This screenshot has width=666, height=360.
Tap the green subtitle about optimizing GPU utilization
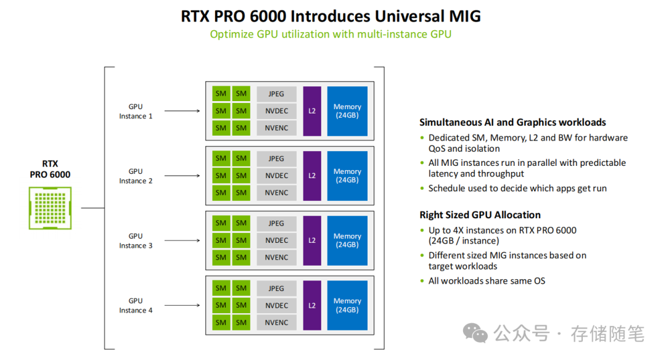pos(331,34)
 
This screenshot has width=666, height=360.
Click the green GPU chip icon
pos(50,208)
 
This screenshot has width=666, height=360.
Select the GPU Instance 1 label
pos(136,112)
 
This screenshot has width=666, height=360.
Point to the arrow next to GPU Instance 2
pos(182,176)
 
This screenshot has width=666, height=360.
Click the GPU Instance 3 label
pos(136,241)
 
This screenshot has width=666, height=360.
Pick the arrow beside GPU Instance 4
pos(182,306)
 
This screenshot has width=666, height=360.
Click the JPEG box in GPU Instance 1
pos(276,94)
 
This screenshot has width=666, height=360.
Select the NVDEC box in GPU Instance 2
pos(276,176)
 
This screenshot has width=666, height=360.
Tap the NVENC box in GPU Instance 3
pos(276,257)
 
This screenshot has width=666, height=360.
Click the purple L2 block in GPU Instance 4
pos(312,305)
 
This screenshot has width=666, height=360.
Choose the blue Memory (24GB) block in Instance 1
pos(347,111)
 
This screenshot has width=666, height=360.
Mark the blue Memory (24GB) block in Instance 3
pos(347,240)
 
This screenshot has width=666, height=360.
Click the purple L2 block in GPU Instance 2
pos(312,176)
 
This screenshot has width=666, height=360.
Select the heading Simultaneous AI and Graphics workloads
pos(512,122)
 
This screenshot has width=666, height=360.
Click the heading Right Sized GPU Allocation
pos(480,215)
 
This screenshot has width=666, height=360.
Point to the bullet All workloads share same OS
pos(487,281)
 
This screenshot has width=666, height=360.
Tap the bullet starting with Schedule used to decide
pos(517,188)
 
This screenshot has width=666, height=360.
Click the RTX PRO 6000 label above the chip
pos(50,169)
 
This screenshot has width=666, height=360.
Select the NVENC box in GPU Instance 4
pos(276,322)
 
